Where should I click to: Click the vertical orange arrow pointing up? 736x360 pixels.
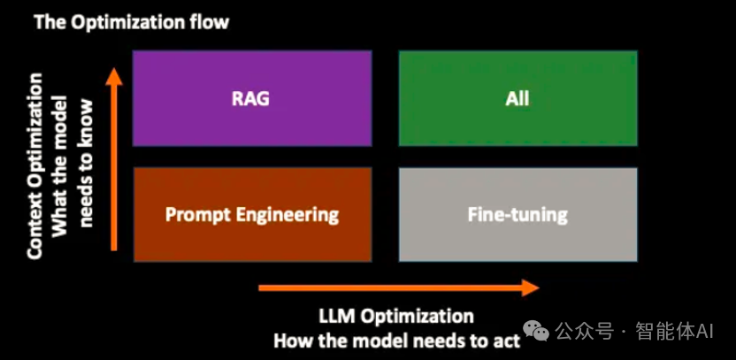coord(113,159)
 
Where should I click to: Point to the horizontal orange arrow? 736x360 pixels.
coord(398,287)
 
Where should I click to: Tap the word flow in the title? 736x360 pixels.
coord(206,22)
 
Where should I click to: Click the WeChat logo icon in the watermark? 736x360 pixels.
coord(536,331)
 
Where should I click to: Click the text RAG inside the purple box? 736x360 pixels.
coord(251,97)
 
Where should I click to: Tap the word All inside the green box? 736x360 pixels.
coord(517,97)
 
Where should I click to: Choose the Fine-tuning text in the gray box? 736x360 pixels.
coord(517,214)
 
